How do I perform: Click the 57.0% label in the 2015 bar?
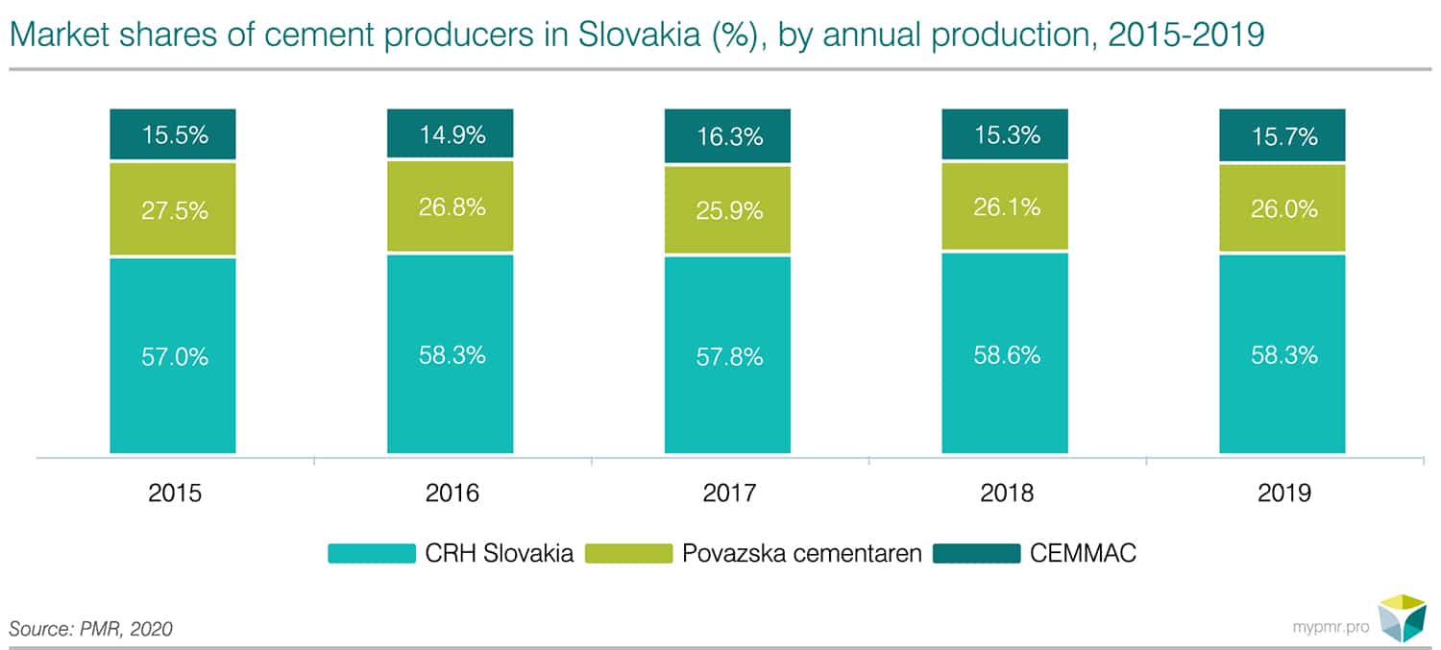pos(173,357)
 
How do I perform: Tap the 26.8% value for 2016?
pos(451,207)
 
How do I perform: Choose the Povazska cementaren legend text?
pos(802,554)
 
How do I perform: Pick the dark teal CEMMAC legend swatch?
pos(976,554)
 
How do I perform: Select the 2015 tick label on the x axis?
pos(173,494)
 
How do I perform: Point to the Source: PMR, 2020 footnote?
pos(91,629)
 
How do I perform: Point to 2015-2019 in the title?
pos(1185,36)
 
